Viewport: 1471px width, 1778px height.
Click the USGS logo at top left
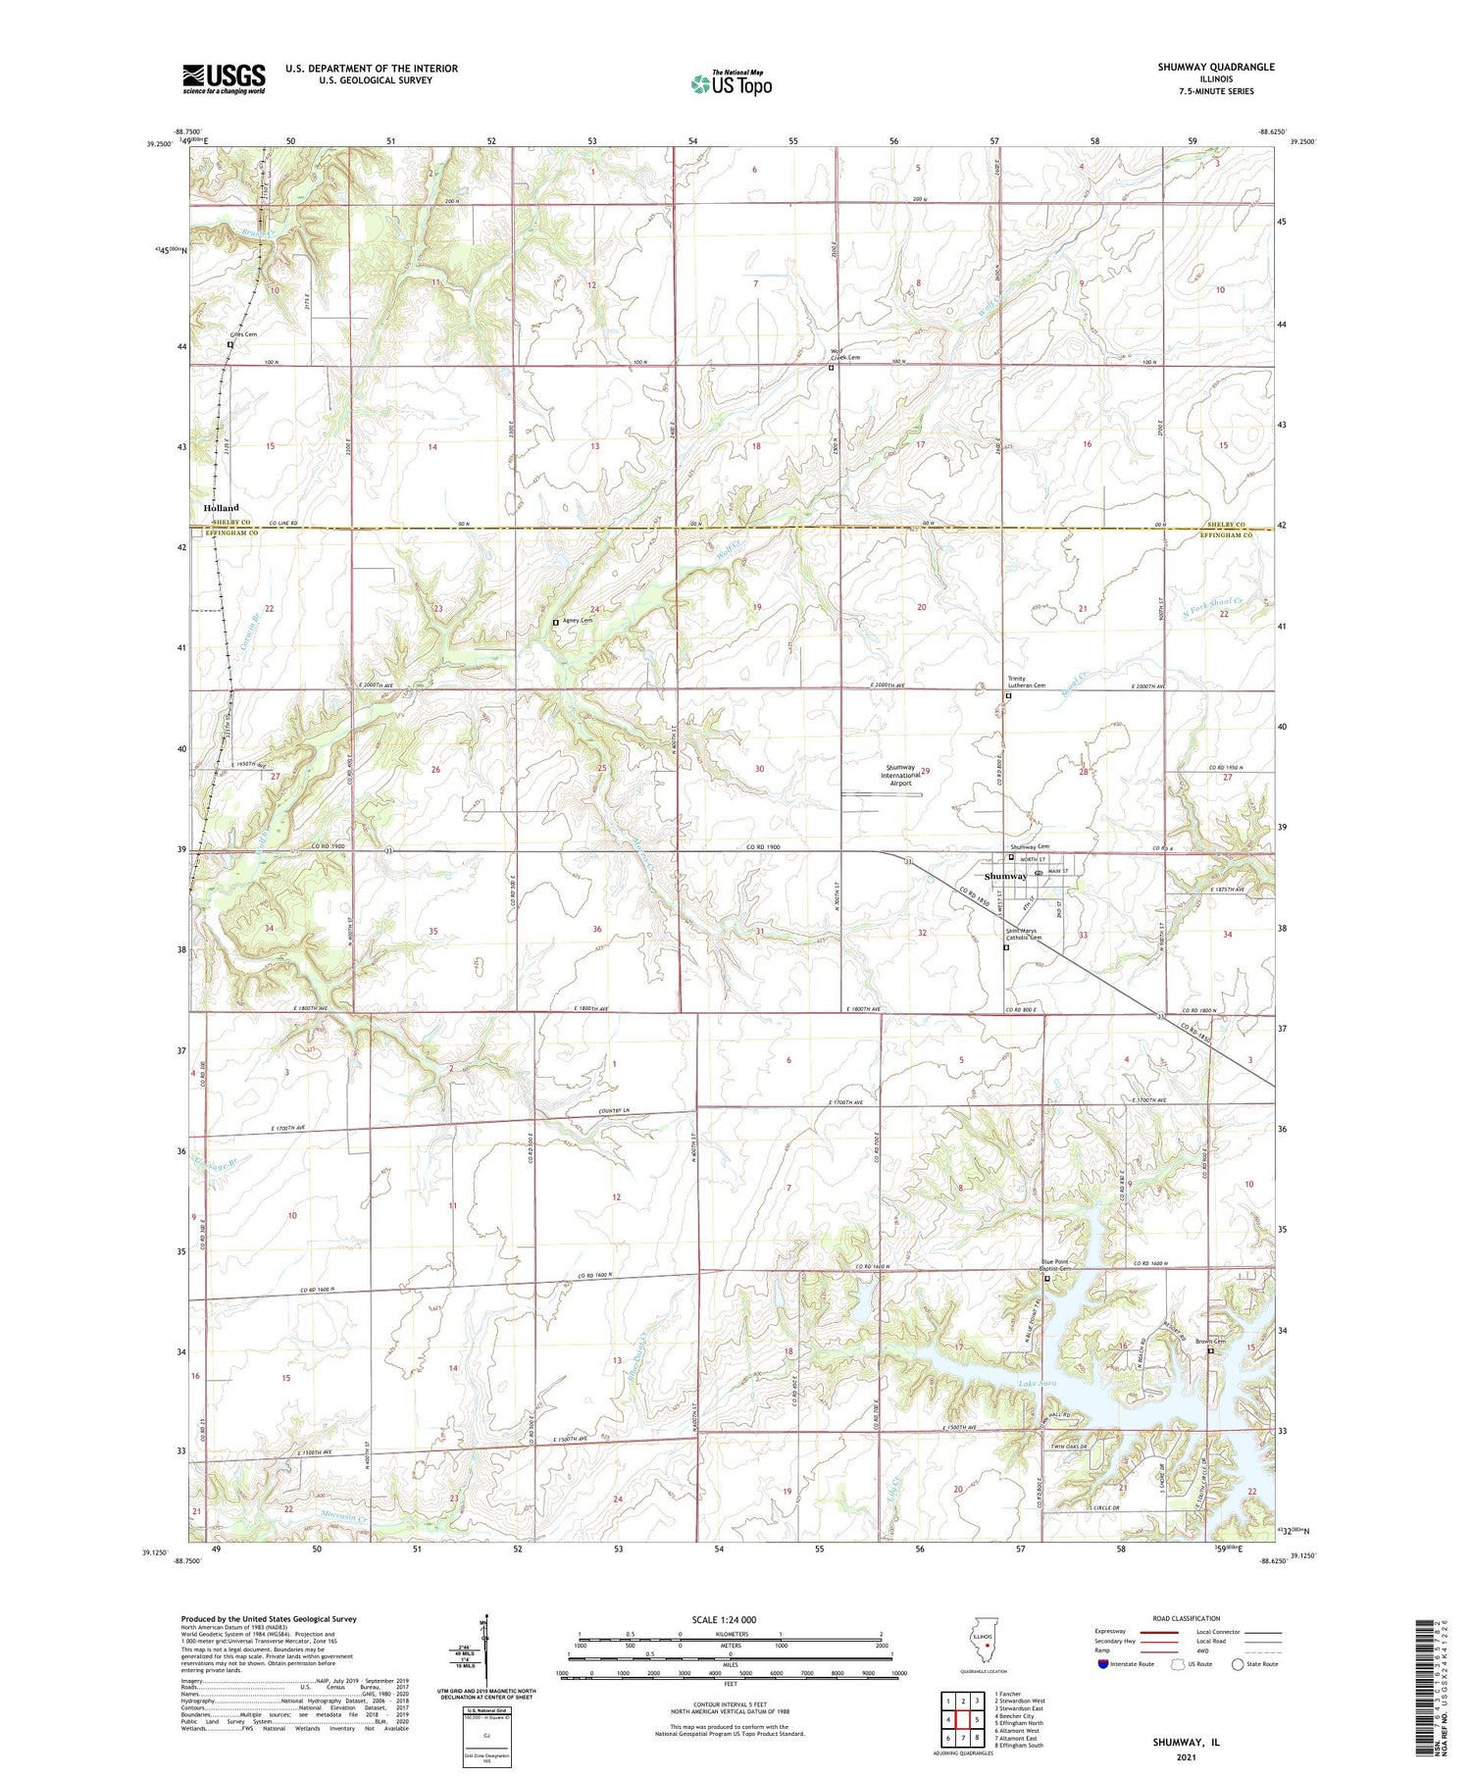point(224,78)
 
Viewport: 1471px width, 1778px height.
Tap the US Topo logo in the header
point(732,83)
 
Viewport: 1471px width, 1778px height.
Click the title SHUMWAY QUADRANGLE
point(1215,67)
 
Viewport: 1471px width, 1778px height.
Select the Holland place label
point(221,508)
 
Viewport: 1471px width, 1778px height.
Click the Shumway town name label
point(1005,876)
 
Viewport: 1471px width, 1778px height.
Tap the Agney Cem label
point(577,621)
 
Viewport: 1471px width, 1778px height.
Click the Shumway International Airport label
point(900,776)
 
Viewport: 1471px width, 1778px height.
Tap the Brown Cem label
point(1210,1342)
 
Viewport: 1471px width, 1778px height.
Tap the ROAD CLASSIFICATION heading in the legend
point(1187,1618)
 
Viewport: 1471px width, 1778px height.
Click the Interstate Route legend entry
point(1126,1664)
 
